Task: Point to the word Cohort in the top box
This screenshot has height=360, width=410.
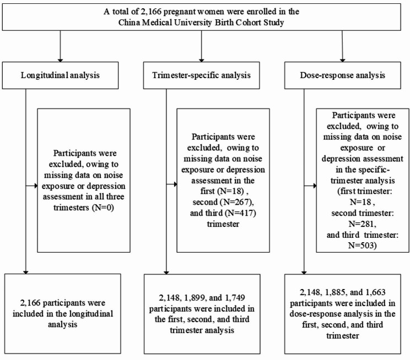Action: pos(244,21)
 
